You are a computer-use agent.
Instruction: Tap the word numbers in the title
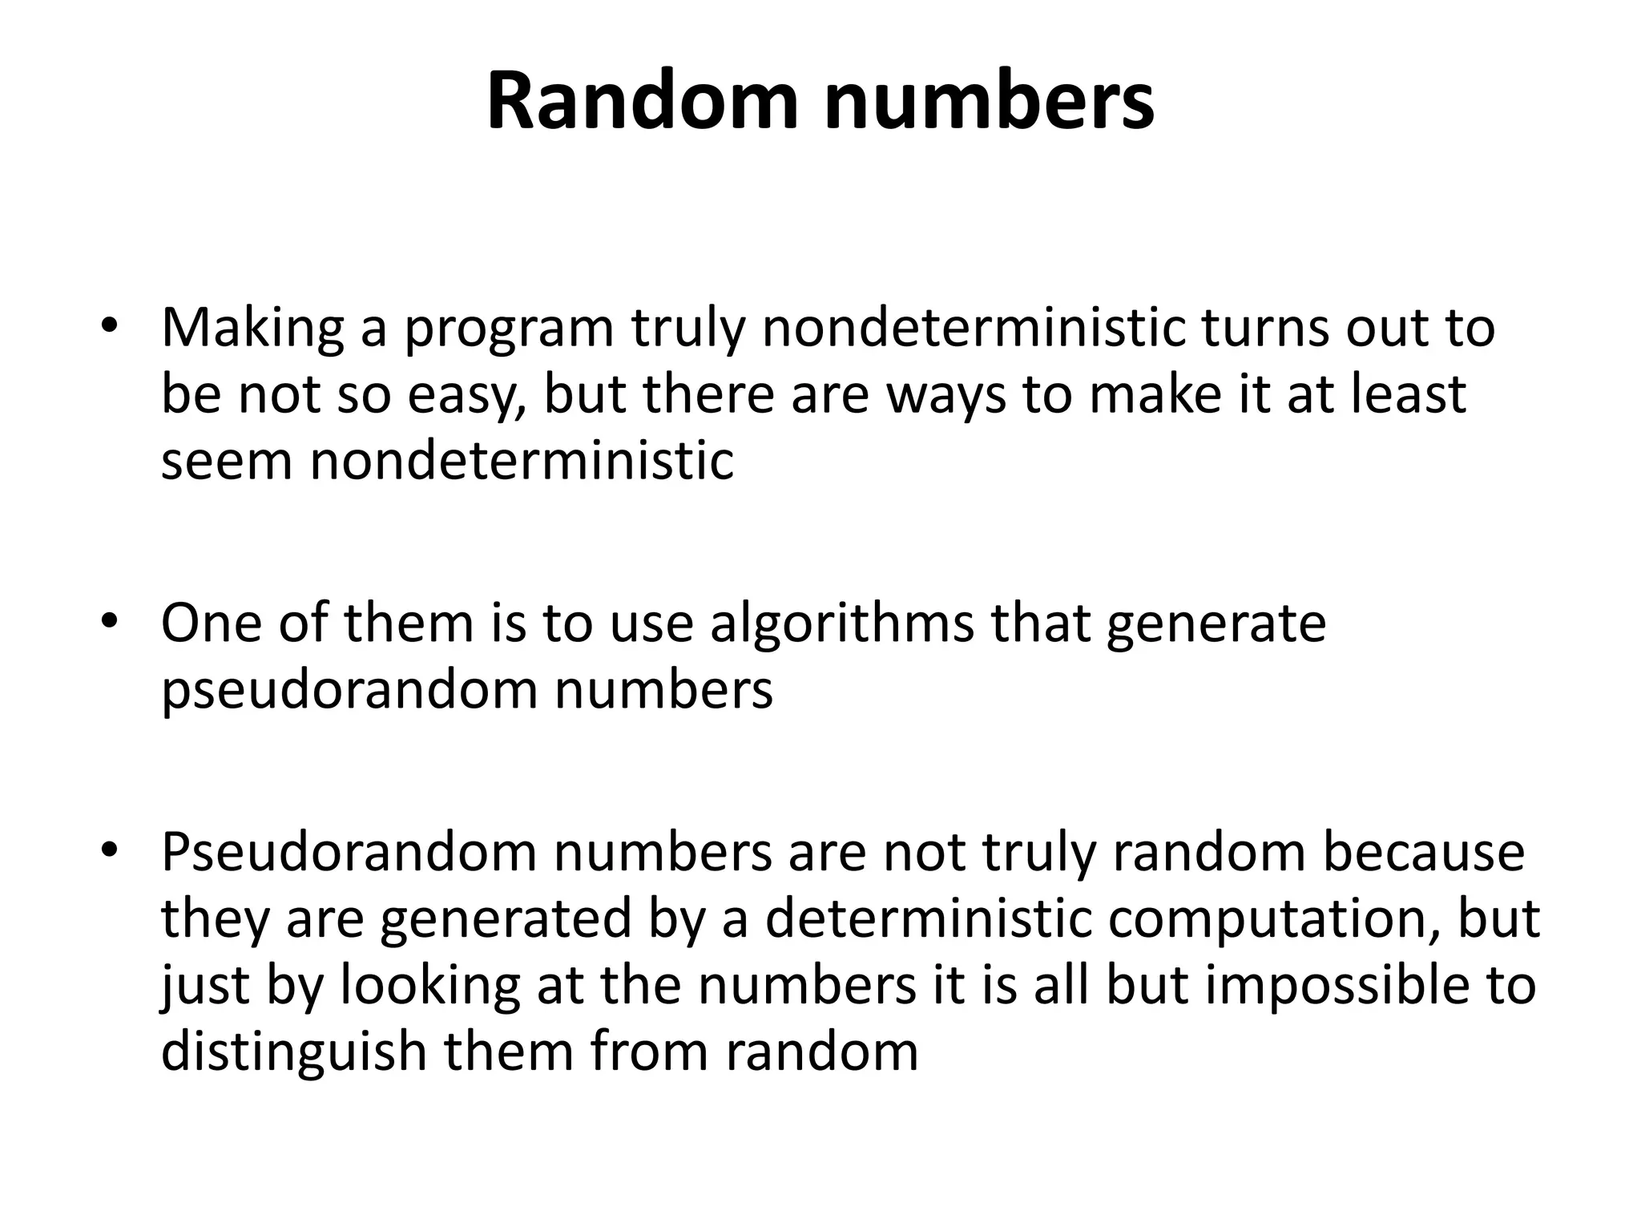coord(989,103)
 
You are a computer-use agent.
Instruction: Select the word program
coord(508,330)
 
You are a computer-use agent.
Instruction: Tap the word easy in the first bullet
coord(466,396)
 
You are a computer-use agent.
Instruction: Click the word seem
coord(227,462)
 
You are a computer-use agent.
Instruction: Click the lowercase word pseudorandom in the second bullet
coord(349,691)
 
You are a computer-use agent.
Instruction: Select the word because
coord(1422,853)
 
